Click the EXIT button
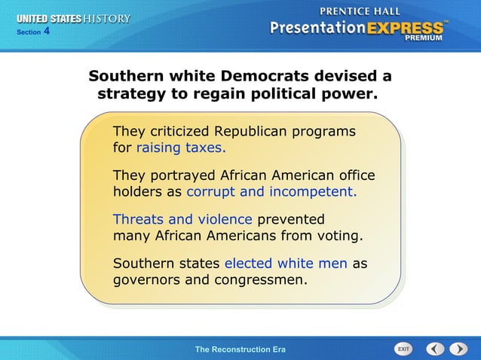click(x=403, y=349)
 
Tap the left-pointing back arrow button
click(x=435, y=349)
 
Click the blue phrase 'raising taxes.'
click(x=180, y=147)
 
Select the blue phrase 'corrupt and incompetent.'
click(x=271, y=191)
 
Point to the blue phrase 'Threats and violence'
click(x=182, y=219)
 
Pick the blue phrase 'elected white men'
click(x=286, y=264)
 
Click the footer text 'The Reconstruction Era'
click(x=240, y=349)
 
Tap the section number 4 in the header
click(x=47, y=31)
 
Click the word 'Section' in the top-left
click(x=28, y=32)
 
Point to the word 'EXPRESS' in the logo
click(x=404, y=28)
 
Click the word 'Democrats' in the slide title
click(x=275, y=77)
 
